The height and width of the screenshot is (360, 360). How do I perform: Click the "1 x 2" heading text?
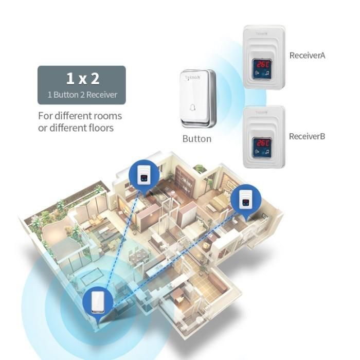(82, 79)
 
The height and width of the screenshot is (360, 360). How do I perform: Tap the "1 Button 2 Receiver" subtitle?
(82, 95)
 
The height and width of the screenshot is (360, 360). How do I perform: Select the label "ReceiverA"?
(307, 56)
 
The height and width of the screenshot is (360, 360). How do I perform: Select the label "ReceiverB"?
(307, 136)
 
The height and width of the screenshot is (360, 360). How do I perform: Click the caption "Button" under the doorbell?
(197, 139)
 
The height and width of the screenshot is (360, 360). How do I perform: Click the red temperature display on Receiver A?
(262, 64)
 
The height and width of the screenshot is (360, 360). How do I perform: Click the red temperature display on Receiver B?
(262, 142)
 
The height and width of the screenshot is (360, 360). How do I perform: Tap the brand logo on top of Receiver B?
(262, 112)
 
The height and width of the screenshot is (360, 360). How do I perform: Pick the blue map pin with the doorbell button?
(97, 303)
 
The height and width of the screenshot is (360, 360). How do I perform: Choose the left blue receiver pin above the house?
(143, 174)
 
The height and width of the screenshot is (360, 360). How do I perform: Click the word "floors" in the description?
(98, 128)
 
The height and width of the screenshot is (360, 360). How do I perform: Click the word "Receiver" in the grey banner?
(102, 95)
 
